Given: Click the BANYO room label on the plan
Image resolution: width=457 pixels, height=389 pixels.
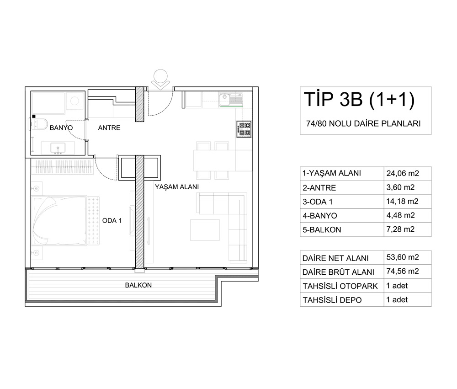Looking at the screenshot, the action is click(x=61, y=128).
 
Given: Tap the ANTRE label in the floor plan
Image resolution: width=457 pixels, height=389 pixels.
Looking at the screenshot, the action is click(x=109, y=128).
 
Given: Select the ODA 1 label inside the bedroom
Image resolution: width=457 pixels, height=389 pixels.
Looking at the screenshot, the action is click(x=112, y=220).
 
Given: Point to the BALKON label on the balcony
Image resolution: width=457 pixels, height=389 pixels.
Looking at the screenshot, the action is click(x=138, y=285).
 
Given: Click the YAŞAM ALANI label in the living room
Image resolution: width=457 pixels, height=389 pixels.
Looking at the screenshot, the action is click(x=177, y=187).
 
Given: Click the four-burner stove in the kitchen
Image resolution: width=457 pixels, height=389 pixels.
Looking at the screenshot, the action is click(x=244, y=129).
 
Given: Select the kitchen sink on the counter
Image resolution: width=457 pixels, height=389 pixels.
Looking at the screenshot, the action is click(x=230, y=100).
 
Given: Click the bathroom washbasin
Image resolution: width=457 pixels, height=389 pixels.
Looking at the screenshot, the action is click(x=58, y=148).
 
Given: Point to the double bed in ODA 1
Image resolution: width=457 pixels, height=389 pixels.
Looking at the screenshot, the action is click(x=65, y=220).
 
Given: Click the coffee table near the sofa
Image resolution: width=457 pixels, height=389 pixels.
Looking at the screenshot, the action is click(x=205, y=230).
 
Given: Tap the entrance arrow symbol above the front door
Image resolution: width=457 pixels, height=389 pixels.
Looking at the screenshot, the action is click(x=161, y=79).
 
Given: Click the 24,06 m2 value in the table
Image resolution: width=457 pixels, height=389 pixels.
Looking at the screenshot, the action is click(x=403, y=174).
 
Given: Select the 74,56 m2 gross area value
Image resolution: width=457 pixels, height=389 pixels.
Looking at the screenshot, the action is click(x=403, y=271).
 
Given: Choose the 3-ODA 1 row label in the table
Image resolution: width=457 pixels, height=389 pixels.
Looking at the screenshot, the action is click(x=318, y=202).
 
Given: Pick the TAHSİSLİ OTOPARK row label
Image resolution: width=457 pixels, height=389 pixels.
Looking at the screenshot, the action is click(x=340, y=286).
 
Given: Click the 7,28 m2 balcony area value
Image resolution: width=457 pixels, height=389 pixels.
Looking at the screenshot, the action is click(x=400, y=229).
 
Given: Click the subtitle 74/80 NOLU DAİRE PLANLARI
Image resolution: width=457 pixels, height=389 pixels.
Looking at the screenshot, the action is click(x=363, y=123).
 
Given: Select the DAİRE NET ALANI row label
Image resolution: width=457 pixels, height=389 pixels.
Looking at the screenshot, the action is click(x=335, y=258).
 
